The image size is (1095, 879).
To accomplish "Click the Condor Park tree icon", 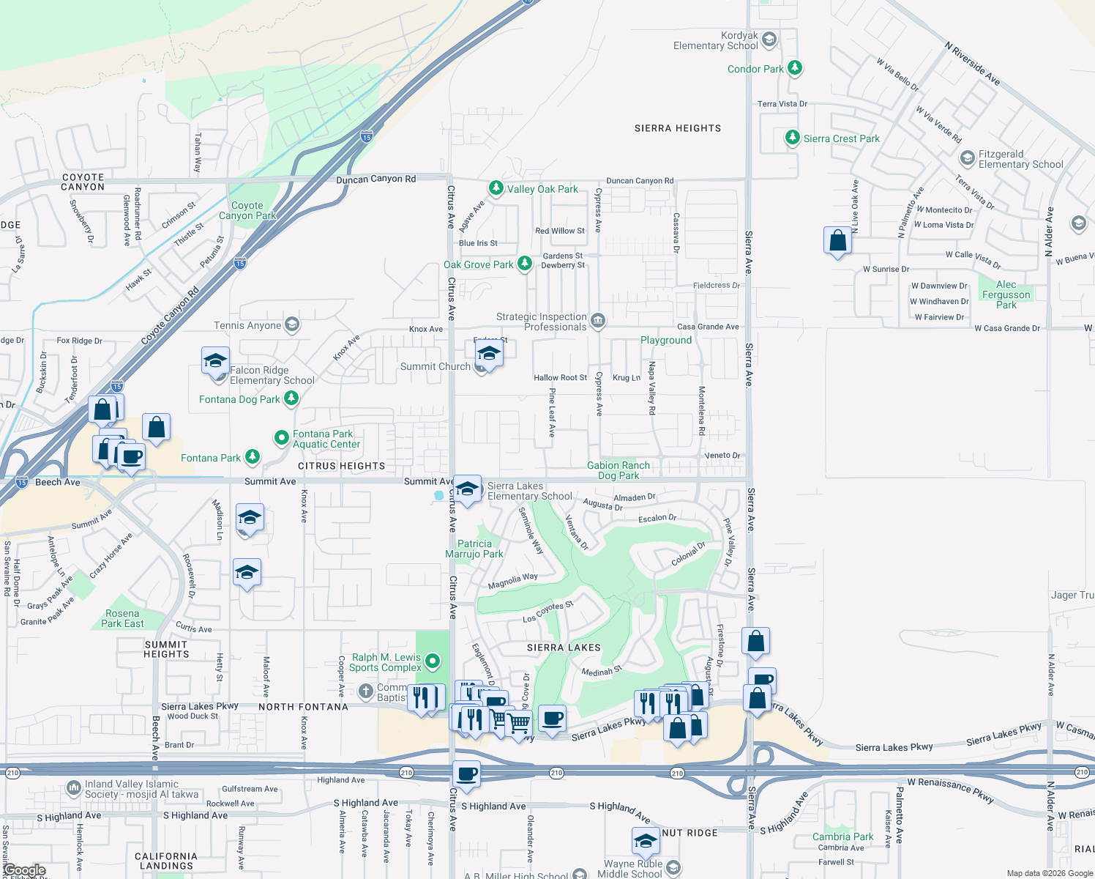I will (x=794, y=68).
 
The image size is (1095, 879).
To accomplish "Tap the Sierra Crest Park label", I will (x=841, y=138).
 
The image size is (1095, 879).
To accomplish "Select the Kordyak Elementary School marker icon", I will (x=769, y=40).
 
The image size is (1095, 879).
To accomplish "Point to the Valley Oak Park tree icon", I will (x=496, y=188).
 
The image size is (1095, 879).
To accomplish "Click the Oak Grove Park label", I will (x=478, y=264).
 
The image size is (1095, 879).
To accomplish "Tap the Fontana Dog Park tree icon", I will (x=291, y=398).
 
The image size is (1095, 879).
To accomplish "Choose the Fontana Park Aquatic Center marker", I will (x=282, y=438).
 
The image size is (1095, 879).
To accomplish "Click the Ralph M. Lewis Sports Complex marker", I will (x=433, y=661).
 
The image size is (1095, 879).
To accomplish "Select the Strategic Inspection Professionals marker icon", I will (x=597, y=321).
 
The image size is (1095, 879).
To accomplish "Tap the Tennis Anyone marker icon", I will (x=292, y=324).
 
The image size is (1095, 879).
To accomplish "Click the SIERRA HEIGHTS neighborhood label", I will (x=678, y=128).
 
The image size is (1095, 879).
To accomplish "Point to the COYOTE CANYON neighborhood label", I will (x=83, y=182).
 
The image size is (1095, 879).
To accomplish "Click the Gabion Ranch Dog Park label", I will (x=618, y=470).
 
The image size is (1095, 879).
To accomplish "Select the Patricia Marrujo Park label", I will (x=474, y=549).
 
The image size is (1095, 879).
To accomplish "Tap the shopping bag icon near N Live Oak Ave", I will (x=837, y=240).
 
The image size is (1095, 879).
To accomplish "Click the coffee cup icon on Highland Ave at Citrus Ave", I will (x=466, y=774).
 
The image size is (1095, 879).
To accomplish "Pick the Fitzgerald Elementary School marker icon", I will (x=968, y=158).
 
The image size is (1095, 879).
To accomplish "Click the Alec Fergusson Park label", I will (x=1006, y=294).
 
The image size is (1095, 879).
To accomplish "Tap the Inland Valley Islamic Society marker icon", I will (x=73, y=788).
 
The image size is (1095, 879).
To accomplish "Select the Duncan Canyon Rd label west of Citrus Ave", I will (x=375, y=179).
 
